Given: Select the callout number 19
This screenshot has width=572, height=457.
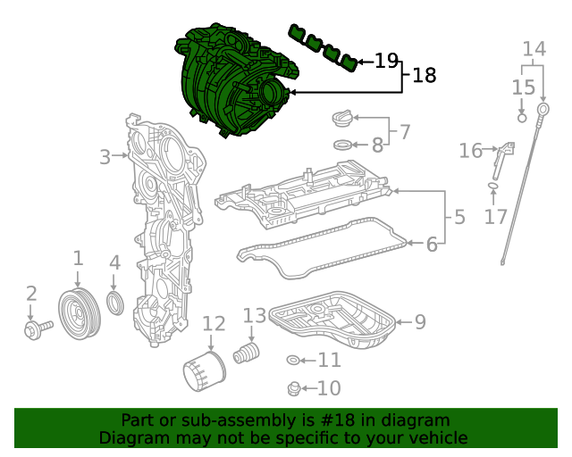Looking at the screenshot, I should pos(386,61).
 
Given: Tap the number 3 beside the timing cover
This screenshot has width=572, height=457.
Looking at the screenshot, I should pos(105,157).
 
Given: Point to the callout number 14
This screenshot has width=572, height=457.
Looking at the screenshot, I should pos(534,48).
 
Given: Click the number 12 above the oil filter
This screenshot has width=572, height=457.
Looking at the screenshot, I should pos(214,323).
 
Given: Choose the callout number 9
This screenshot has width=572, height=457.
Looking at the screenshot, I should pos(419,321).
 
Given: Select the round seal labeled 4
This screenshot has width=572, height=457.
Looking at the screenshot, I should pos(115,303).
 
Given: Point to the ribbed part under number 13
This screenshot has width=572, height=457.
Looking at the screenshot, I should pos(246,353).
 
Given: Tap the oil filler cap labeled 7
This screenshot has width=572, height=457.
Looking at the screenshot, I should pos(344,116).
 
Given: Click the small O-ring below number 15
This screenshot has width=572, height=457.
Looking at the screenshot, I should pos(523,116).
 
